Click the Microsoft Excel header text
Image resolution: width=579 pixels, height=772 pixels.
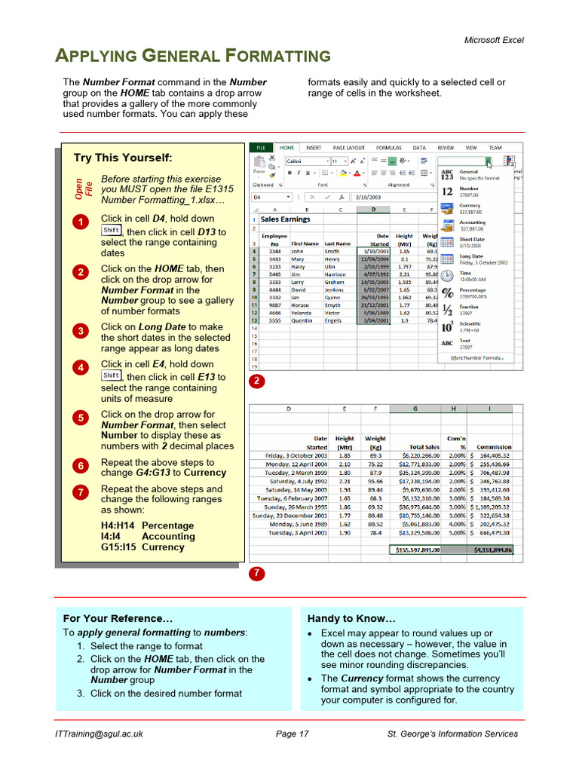pos(493,40)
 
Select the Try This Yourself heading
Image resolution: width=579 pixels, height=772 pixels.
pos(122,158)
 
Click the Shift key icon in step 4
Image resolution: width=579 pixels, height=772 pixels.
pos(111,375)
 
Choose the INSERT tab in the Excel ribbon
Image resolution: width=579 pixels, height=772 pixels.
pos(314,148)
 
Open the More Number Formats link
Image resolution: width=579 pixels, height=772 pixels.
pos(477,357)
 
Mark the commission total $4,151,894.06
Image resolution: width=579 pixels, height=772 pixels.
pos(493,550)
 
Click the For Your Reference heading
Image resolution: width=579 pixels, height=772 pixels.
pos(112,618)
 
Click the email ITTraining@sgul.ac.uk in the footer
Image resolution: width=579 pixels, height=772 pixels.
pos(99,734)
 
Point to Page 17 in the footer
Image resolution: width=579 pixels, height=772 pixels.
pos(292,734)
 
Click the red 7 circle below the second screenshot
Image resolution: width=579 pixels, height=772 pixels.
pos(256,574)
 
